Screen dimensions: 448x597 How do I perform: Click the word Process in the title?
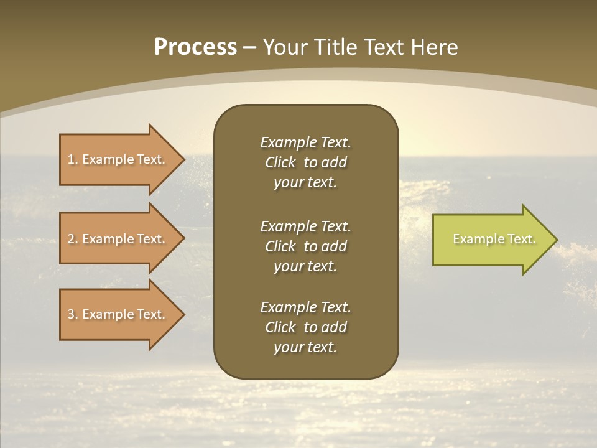(195, 47)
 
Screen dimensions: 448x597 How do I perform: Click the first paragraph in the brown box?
(305, 162)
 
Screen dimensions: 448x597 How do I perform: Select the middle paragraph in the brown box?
(305, 246)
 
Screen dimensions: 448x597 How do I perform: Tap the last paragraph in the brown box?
(305, 327)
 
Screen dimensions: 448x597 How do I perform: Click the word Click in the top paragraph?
(280, 162)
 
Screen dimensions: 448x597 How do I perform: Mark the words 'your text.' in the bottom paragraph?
(305, 347)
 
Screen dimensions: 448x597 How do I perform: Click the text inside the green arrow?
(494, 239)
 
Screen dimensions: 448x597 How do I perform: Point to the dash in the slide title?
(250, 48)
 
